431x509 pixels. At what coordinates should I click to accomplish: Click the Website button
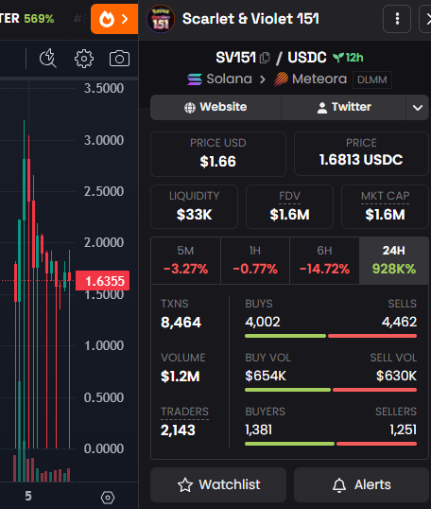pos(215,107)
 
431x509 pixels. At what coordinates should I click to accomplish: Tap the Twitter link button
pos(343,107)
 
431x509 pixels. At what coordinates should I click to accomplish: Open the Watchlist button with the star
pos(218,484)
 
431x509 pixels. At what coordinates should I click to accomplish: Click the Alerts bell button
pos(361,484)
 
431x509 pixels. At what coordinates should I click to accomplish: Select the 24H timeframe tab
pos(394,260)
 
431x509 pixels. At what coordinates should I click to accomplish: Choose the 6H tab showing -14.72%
pos(324,260)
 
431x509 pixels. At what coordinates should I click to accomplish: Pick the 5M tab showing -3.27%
pos(185,260)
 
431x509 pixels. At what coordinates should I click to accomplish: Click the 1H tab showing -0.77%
pos(255,260)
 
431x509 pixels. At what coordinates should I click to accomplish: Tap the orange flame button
pos(114,19)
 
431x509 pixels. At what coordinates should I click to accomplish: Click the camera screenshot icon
pos(119,59)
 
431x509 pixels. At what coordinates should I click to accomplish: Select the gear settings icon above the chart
pos(84,59)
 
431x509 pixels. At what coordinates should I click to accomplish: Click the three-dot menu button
pos(397,19)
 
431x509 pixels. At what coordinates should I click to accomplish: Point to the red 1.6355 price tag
pos(102,281)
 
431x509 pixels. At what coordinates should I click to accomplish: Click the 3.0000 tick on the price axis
pos(104,140)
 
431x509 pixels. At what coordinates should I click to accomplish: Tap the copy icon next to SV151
pos(265,58)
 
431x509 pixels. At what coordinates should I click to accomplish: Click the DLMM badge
pos(372,79)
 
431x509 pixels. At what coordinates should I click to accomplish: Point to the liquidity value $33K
pos(195,215)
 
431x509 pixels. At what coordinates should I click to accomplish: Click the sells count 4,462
pos(399,322)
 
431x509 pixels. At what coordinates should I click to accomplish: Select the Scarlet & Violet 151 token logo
pos(161,19)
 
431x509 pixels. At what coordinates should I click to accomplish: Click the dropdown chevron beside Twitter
pos(418,108)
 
